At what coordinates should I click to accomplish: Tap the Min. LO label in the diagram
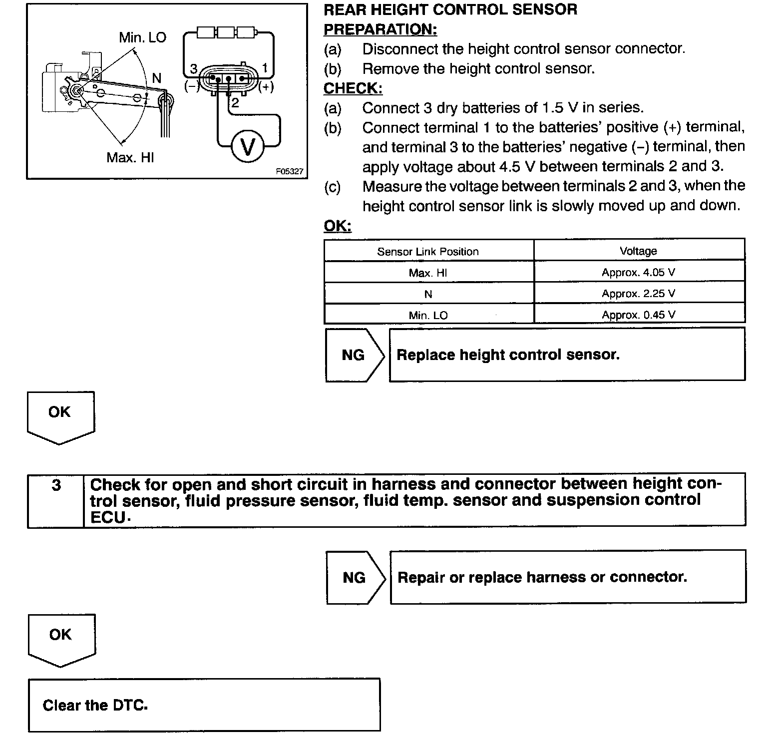[142, 37]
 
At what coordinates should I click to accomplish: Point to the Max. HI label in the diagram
[130, 158]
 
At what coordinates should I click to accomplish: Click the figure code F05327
[289, 171]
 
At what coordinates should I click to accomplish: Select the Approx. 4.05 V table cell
[638, 273]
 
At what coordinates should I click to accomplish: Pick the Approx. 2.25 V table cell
[638, 294]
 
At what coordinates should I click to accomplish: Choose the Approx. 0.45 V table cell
[638, 315]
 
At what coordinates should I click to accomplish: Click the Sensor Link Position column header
[428, 252]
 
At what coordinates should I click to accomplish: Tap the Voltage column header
[638, 251]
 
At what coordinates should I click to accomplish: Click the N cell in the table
[428, 294]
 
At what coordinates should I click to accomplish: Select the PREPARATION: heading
[380, 29]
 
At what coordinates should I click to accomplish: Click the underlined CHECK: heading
[353, 88]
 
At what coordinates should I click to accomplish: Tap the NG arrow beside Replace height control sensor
[354, 355]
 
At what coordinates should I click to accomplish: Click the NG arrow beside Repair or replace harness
[355, 578]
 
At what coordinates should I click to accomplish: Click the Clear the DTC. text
[95, 706]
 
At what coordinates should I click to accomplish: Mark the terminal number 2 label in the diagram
[235, 103]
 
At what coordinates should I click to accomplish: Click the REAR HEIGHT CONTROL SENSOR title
[450, 9]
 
